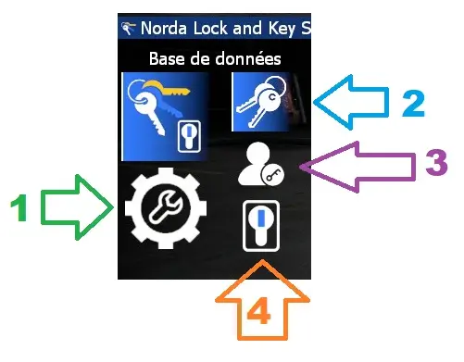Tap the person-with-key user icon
coord(260,167)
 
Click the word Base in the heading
coord(167,58)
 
